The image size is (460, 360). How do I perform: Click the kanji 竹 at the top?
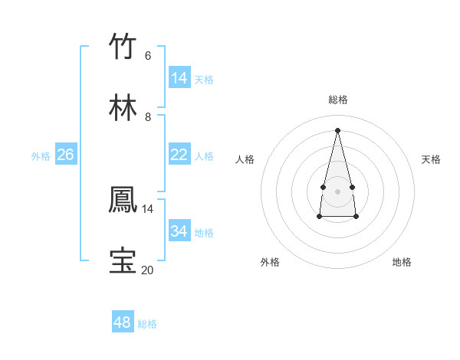tap(123, 47)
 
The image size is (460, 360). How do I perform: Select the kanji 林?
tap(123, 109)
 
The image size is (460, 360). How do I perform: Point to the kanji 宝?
tap(123, 261)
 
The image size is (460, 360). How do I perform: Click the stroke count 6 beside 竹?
tap(148, 56)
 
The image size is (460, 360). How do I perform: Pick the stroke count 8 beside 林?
tap(148, 117)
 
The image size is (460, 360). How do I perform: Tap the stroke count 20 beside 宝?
tap(147, 270)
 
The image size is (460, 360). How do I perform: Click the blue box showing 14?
tap(179, 78)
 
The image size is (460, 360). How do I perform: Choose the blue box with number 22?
tap(179, 155)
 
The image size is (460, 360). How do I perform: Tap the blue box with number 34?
tap(179, 231)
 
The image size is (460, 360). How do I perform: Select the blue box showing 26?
tap(65, 155)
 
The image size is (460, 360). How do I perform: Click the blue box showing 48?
tap(123, 322)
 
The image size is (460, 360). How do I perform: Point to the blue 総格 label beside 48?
tap(147, 324)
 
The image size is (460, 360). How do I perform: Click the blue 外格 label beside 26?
tap(41, 156)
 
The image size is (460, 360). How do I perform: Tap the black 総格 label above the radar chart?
tap(337, 100)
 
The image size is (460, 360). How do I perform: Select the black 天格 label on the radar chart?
tap(431, 159)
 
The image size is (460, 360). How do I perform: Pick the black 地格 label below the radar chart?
tap(402, 262)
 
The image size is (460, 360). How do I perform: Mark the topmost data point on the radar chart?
tap(337, 129)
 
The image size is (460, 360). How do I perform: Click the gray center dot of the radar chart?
tap(337, 191)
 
